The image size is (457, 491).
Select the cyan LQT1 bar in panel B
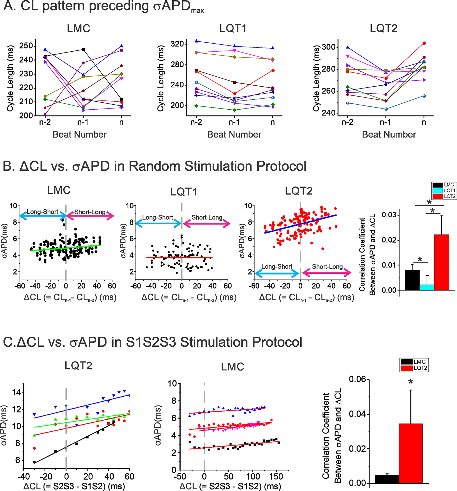[427, 287]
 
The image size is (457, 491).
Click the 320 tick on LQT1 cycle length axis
[177, 44]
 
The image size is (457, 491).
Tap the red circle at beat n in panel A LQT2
[424, 43]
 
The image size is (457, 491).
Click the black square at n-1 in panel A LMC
[83, 50]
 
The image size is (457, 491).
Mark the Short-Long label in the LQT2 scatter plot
[327, 267]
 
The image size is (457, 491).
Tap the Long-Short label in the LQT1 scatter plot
[158, 217]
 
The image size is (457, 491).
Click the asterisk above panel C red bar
[411, 382]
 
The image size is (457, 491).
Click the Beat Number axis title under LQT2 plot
[389, 135]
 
